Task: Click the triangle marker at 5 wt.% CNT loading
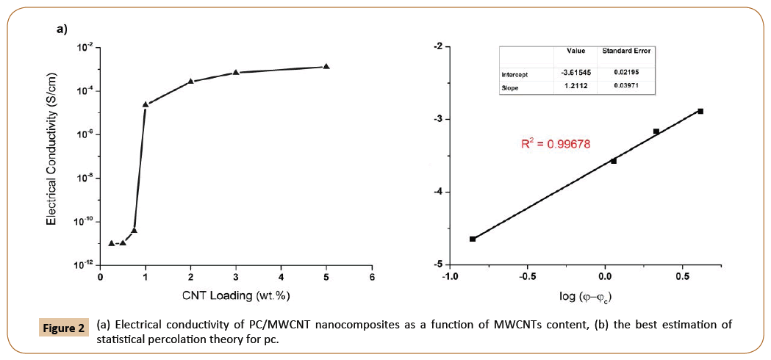point(326,66)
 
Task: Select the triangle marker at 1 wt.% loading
point(146,104)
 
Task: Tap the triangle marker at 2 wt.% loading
point(190,81)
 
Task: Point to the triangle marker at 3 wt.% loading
point(236,72)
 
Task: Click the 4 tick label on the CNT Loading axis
point(281,277)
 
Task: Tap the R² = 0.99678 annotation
point(556,145)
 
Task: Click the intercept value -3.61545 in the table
point(575,73)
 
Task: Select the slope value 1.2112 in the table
point(575,87)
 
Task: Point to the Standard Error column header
point(626,51)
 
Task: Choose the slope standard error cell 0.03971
point(626,87)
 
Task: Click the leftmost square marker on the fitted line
point(473,239)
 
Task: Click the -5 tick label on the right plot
point(437,264)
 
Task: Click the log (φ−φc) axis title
point(586,297)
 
